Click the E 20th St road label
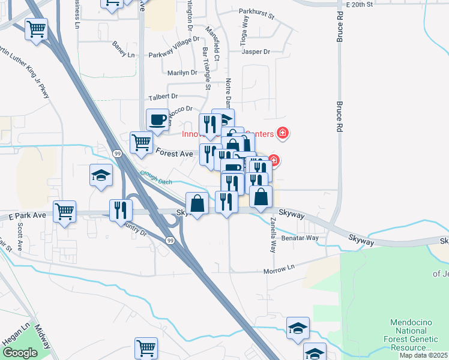click(355, 4)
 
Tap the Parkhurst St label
click(256, 11)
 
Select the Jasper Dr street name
click(256, 52)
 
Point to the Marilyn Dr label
click(182, 73)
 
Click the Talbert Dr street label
click(163, 96)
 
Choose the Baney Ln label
click(124, 46)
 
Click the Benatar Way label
click(300, 238)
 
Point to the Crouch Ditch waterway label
click(156, 177)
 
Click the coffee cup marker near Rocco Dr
click(158, 119)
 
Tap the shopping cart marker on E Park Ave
click(64, 211)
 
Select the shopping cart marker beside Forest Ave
click(141, 142)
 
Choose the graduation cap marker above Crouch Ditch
click(101, 175)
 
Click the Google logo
click(20, 353)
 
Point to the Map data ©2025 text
click(423, 355)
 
